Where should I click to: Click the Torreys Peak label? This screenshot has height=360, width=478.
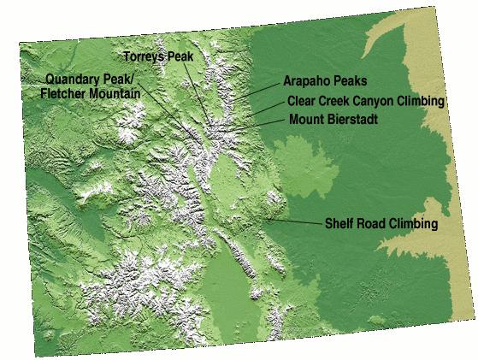pos(160,56)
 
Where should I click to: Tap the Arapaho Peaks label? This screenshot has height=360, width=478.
pos(325,83)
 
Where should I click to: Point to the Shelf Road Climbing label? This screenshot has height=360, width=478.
pos(381,225)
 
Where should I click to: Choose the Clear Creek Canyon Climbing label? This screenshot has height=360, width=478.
pos(366,102)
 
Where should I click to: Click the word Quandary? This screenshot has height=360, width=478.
pos(73,79)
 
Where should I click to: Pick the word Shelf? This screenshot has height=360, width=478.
pos(339,225)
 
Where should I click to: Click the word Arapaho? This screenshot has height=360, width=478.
pos(304,83)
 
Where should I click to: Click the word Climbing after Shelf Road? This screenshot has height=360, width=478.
pos(414,225)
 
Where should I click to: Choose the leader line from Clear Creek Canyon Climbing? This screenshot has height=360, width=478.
pos(269,107)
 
